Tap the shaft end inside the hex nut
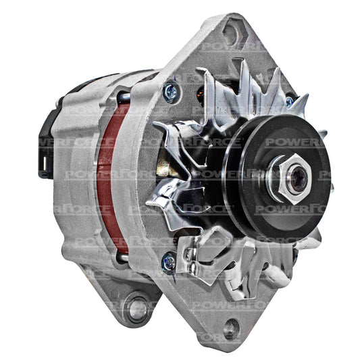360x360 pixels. pyautogui.click(x=298, y=179)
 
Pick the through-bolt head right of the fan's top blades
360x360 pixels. pyautogui.click(x=290, y=101)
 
